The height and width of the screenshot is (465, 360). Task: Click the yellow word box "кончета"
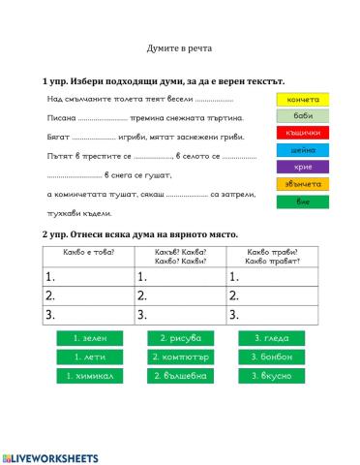303,99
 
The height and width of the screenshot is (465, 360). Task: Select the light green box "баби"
303,116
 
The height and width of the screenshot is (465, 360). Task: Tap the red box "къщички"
303,133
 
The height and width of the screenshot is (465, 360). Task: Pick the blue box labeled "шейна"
303,150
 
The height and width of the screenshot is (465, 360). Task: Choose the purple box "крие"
303,167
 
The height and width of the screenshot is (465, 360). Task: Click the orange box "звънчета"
303,184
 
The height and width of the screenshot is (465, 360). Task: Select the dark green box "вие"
303,201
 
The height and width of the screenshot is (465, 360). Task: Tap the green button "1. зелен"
90,338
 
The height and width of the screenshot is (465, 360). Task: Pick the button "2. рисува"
181,338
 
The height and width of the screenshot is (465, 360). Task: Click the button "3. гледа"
271,338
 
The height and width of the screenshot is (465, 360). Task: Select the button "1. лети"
90,356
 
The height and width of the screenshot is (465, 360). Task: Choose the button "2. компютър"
181,356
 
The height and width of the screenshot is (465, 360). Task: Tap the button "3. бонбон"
271,356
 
